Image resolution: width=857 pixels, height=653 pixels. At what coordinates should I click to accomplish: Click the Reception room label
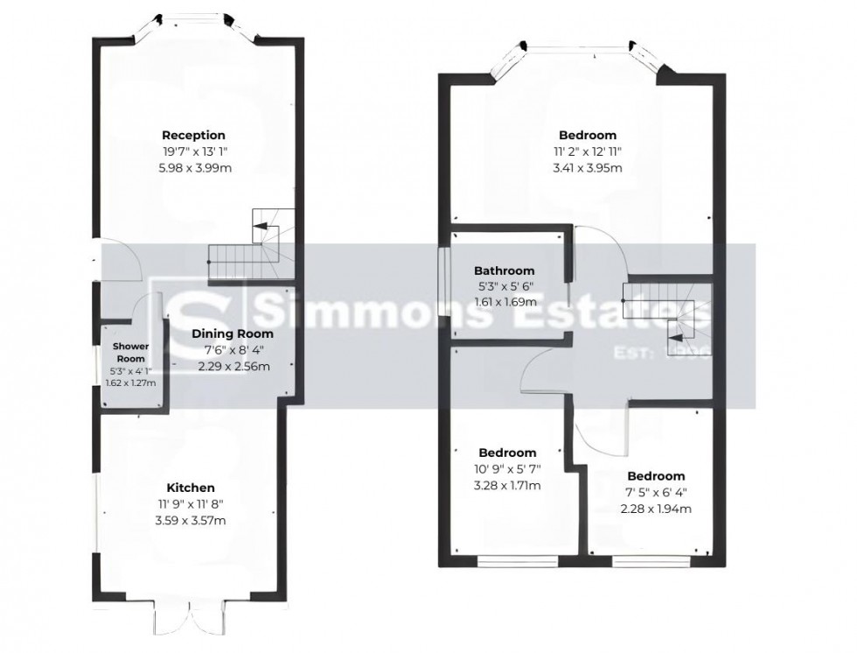tap(193, 136)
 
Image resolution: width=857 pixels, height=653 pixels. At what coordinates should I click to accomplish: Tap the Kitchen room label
tap(191, 488)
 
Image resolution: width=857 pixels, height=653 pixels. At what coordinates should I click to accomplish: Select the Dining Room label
tap(233, 334)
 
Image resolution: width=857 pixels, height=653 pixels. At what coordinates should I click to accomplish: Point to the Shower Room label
tap(130, 352)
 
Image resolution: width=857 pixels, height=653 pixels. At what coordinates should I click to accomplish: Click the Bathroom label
tap(504, 271)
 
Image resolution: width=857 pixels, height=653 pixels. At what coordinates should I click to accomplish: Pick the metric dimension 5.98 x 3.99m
tap(193, 168)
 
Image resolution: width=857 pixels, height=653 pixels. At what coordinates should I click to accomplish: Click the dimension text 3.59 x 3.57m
tap(191, 521)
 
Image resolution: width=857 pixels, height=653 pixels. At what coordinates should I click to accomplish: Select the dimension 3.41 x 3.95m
tap(587, 168)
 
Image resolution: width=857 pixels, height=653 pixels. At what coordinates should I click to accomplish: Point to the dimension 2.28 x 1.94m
tap(656, 509)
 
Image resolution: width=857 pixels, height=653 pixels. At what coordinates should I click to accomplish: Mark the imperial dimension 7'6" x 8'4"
tap(233, 350)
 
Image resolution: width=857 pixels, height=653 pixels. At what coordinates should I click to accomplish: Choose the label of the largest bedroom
tap(587, 136)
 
